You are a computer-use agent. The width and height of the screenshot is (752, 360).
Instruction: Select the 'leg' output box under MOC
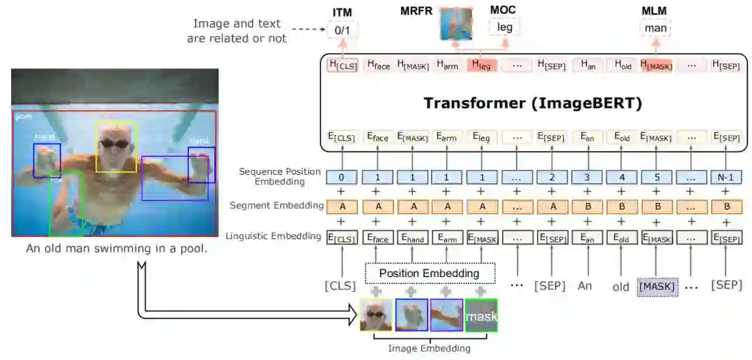(x=503, y=28)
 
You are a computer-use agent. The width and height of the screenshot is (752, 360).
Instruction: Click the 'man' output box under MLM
(x=655, y=29)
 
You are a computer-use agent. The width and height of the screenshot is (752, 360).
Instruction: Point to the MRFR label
(x=416, y=12)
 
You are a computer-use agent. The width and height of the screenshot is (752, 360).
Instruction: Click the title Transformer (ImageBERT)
(x=533, y=104)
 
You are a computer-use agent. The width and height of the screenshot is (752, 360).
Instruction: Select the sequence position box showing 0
(x=341, y=177)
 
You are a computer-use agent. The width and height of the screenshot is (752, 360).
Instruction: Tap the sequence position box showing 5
(x=655, y=177)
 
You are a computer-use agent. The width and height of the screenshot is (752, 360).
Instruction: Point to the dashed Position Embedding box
(x=430, y=273)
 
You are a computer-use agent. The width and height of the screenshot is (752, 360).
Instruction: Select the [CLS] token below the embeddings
(x=340, y=286)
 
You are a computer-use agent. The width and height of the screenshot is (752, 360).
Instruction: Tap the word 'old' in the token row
(x=621, y=286)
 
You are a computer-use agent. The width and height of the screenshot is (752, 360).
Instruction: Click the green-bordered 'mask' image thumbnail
(x=481, y=315)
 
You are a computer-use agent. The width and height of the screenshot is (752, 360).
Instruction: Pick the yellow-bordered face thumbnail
(x=377, y=315)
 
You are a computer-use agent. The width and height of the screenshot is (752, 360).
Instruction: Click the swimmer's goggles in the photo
(x=116, y=143)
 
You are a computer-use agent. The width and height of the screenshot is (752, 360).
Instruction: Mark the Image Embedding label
(x=429, y=348)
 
